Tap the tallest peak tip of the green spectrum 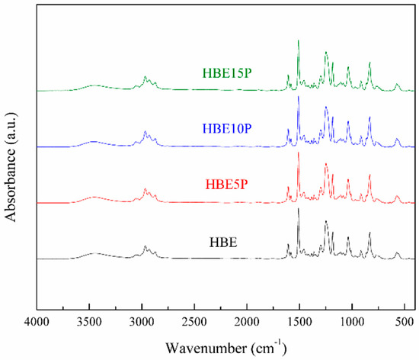299,40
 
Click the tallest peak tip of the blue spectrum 299,97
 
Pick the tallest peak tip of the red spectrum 299,153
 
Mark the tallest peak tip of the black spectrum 299,209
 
